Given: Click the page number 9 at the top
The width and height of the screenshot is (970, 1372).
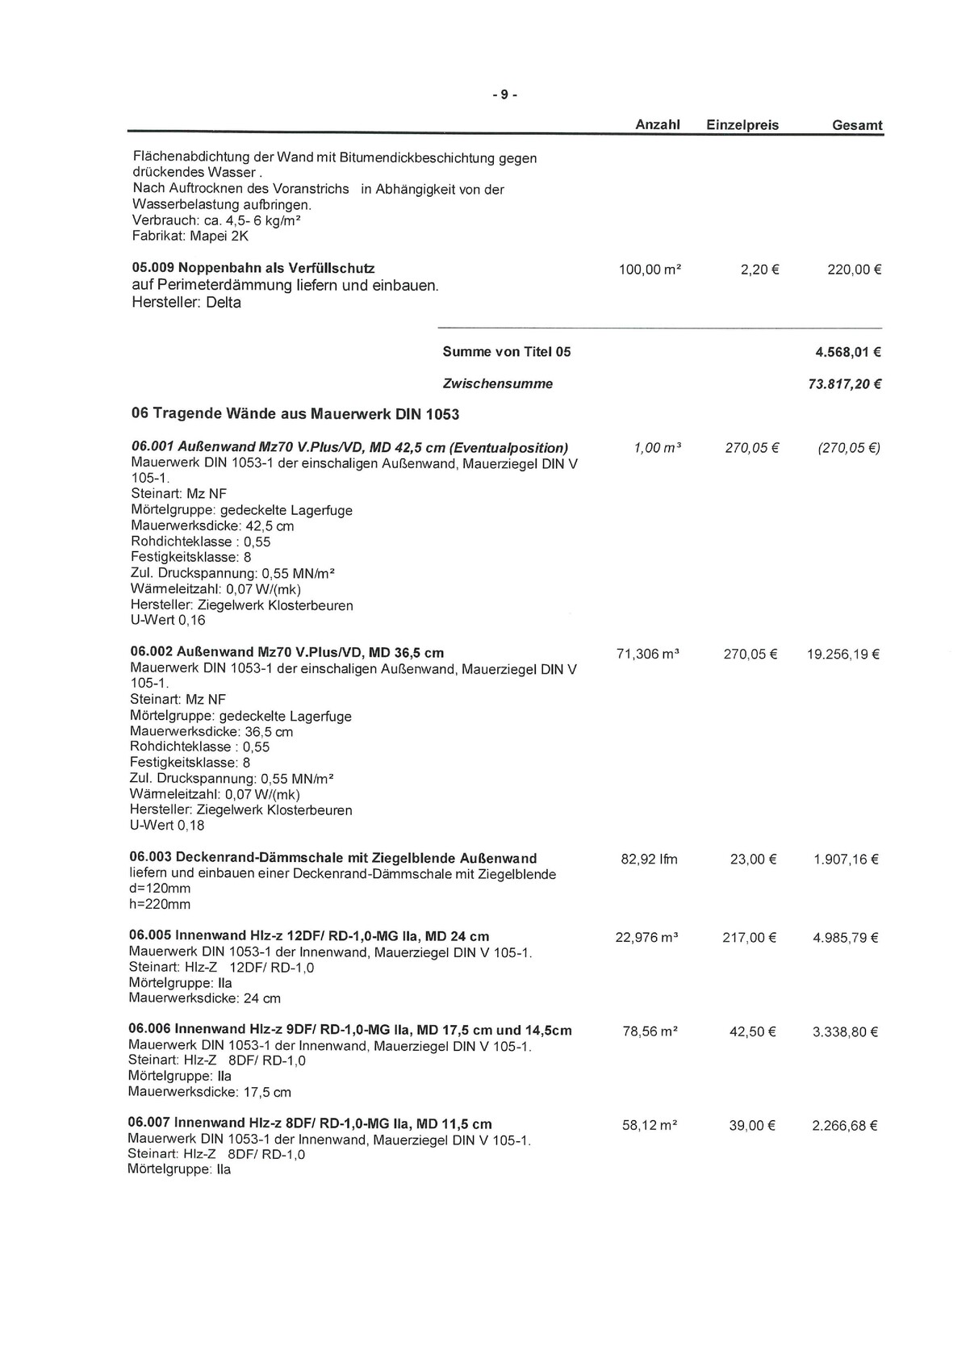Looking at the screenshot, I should tap(504, 94).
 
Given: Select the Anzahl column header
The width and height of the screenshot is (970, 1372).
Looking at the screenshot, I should tap(658, 124).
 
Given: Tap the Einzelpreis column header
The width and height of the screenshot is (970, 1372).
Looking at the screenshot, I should tap(742, 125).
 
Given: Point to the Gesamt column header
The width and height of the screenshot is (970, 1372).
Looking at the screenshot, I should tap(857, 125).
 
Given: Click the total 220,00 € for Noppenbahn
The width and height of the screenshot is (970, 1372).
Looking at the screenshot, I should tap(854, 270).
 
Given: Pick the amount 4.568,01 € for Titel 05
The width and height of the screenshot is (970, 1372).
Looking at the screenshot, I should tap(848, 352).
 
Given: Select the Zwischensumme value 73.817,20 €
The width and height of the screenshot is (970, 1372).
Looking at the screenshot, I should tap(844, 384).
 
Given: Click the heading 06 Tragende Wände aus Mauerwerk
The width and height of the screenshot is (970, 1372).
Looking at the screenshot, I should tap(295, 414).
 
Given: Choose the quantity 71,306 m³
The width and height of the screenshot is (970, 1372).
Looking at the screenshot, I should tap(647, 654).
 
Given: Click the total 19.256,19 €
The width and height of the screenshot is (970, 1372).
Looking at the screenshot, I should tap(842, 655).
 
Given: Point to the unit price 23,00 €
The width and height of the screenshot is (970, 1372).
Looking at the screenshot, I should tap(753, 860).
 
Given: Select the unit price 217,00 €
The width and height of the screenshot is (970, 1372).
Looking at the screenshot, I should tap(749, 938).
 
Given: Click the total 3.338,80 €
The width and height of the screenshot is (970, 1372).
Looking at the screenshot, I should tap(845, 1031).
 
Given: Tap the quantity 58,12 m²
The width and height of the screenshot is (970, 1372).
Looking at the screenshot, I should tap(649, 1125).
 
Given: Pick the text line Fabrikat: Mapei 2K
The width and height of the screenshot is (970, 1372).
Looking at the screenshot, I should tap(190, 236).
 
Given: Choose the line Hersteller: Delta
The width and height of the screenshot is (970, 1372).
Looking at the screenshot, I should tap(186, 303).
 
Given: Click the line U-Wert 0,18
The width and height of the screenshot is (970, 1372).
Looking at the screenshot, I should tap(167, 826).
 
